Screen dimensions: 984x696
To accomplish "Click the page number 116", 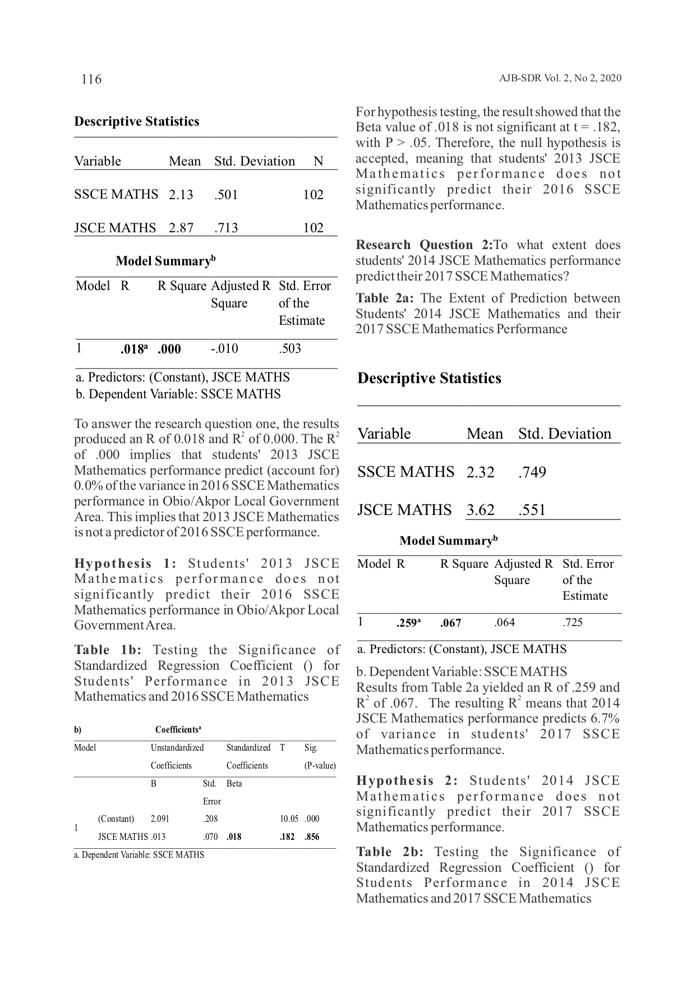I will click(x=91, y=79).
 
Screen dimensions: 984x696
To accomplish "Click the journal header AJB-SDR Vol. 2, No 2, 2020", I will click(x=560, y=79).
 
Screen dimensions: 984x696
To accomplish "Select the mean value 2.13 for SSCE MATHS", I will click(x=181, y=195).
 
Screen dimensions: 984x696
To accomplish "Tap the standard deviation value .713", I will click(x=226, y=228).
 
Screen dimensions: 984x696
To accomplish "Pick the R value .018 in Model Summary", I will click(x=133, y=349).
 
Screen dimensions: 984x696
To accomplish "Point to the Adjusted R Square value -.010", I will click(x=224, y=348).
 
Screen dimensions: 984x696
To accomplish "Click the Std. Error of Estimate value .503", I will click(x=289, y=348).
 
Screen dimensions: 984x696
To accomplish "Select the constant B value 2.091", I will click(x=160, y=819).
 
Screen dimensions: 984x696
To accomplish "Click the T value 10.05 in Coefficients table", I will click(x=289, y=819).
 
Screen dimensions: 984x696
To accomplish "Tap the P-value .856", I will click(x=312, y=836).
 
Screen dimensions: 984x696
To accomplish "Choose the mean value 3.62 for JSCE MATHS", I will click(x=480, y=510).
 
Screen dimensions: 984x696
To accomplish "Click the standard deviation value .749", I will click(x=532, y=472).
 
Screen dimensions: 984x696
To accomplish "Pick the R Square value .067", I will click(x=450, y=623).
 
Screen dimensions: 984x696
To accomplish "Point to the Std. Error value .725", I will click(x=572, y=622).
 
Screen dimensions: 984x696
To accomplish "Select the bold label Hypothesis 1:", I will click(x=126, y=563).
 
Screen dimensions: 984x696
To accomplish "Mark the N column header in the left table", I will click(x=318, y=162).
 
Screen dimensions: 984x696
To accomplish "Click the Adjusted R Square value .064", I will click(x=504, y=622).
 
